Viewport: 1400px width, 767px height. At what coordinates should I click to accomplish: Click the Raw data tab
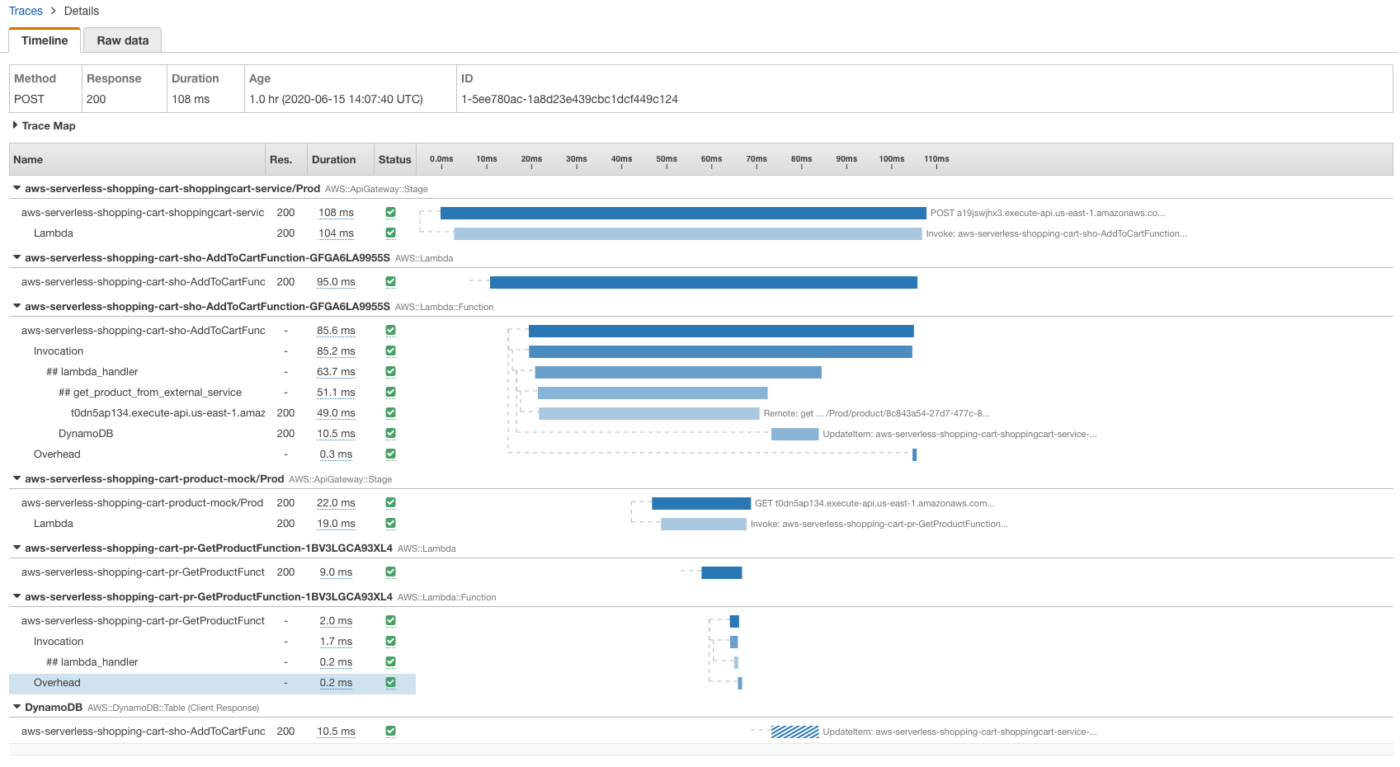point(122,40)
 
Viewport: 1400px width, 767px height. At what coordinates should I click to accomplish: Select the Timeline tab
point(45,40)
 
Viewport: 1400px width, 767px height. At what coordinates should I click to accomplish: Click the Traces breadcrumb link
point(26,11)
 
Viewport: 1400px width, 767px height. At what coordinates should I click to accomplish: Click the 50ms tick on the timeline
point(667,159)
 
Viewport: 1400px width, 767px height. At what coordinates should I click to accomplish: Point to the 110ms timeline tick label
point(936,158)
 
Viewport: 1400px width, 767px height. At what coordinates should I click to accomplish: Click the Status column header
point(394,159)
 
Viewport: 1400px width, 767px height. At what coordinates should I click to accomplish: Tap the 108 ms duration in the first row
point(336,213)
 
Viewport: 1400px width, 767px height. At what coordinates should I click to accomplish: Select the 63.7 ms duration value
point(336,372)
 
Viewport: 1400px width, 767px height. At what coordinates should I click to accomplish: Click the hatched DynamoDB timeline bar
point(794,732)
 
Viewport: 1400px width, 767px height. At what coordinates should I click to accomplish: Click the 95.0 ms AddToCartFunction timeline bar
point(703,282)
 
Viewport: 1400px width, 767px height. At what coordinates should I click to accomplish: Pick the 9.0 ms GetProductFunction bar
point(721,572)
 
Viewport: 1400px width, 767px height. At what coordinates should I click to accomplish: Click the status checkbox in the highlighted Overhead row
point(390,682)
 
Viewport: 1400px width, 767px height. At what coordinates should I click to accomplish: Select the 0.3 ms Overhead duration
point(336,454)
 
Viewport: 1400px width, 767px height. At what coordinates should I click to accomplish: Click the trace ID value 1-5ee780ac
point(569,99)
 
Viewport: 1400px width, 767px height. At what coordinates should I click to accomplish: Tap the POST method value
point(29,99)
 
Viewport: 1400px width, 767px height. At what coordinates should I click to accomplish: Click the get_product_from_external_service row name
point(150,393)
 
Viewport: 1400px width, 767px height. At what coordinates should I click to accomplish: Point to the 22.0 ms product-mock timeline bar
point(700,503)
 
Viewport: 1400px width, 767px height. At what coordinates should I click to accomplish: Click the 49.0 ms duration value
point(336,413)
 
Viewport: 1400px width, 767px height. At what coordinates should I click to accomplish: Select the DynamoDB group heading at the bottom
point(53,707)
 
